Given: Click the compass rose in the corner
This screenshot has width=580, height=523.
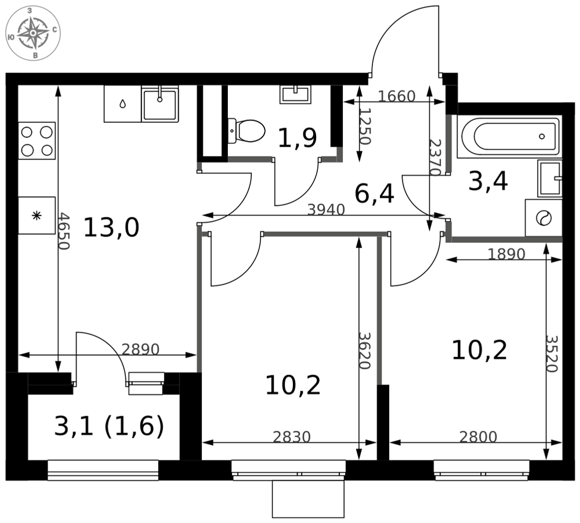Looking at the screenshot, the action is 33,33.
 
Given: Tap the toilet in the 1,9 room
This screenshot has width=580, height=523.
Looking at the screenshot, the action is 246,131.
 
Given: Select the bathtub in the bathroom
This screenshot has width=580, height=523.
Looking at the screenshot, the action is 509,136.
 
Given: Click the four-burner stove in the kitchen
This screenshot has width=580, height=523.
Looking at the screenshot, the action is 37,141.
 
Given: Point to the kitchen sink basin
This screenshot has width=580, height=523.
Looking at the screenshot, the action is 160,104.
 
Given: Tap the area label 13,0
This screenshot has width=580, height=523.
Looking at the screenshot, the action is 111,227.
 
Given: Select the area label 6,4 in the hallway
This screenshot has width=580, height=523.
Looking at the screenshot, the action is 374,194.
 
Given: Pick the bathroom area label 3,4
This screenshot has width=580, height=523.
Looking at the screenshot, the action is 488,181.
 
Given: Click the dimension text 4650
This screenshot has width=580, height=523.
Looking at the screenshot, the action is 64,231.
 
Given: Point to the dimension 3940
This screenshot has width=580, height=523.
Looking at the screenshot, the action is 326,210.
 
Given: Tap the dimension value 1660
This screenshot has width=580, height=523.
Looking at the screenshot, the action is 397,96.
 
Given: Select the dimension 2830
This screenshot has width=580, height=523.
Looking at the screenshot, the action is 292,437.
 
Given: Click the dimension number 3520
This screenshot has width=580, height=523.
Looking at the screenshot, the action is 552,354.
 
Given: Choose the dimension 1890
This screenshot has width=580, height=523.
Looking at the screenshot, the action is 506,254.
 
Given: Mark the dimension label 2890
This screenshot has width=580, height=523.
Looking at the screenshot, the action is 140,349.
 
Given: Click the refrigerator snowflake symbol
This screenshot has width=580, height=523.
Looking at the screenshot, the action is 36,216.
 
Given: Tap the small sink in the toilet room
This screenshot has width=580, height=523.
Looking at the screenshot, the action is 295,94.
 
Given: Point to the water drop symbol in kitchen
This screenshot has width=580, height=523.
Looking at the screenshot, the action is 122,104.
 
